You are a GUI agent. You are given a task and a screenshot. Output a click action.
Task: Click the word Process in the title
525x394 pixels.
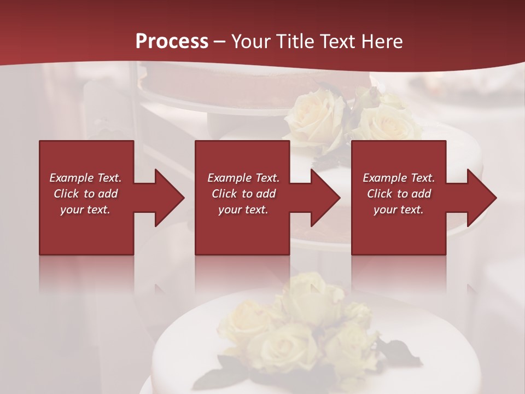[x=172, y=41]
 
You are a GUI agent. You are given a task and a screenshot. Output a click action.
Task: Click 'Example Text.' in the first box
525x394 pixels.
[x=85, y=178]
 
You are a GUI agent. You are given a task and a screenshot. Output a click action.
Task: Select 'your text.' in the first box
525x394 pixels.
[x=85, y=210]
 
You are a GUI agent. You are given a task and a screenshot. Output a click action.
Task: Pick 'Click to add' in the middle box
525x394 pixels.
[x=243, y=194]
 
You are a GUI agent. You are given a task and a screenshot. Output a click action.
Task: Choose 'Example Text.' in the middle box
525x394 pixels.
[x=243, y=178]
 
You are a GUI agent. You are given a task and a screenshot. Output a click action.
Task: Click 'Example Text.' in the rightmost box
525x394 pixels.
[x=399, y=178]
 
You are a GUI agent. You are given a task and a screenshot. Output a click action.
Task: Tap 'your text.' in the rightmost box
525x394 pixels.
[x=399, y=210]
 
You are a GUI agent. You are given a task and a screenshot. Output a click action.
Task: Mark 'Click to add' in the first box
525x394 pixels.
[x=85, y=194]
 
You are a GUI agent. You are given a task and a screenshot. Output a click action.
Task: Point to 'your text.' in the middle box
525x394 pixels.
[x=243, y=210]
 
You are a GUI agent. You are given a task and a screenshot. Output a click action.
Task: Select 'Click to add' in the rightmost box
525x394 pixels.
[x=399, y=194]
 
